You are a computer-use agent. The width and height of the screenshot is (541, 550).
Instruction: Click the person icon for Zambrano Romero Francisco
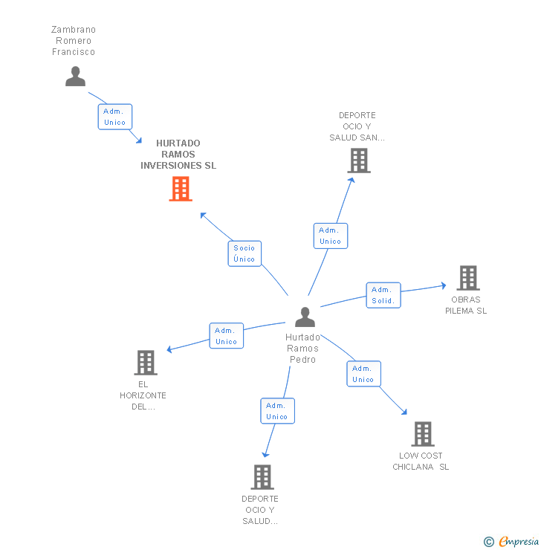point(75,77)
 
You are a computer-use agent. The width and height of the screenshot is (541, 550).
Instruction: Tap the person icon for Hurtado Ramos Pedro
point(305,317)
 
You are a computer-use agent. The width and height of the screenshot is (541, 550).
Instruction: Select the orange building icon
point(180,189)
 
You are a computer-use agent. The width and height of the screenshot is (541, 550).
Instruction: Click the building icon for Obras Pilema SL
point(467,278)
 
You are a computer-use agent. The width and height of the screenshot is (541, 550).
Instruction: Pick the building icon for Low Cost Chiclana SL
point(422,434)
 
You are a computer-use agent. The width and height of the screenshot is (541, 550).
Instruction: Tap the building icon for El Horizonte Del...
point(146,363)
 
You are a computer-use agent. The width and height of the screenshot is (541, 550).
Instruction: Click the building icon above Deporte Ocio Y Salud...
point(262,477)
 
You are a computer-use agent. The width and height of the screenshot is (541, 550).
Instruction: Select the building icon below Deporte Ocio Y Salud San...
point(358,160)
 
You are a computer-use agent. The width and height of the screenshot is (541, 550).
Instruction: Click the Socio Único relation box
point(244,253)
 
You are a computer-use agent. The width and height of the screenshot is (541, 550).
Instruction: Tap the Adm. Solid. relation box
point(383,295)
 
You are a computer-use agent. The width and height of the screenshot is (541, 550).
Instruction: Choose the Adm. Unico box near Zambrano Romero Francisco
point(115,117)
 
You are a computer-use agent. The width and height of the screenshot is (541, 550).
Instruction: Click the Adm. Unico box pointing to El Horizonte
point(226,336)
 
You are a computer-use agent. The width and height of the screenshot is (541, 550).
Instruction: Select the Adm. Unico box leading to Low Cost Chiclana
point(363,374)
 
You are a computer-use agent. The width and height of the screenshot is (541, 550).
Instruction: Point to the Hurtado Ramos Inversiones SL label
point(178,155)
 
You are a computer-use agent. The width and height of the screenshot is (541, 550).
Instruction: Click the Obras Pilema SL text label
point(466,305)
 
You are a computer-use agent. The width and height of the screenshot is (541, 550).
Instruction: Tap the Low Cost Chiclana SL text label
point(421,462)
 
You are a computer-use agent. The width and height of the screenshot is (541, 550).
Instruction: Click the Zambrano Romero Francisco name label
point(74,41)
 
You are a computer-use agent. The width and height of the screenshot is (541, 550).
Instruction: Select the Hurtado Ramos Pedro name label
point(302,349)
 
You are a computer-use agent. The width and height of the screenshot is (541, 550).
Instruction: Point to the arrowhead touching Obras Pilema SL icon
point(443,285)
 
